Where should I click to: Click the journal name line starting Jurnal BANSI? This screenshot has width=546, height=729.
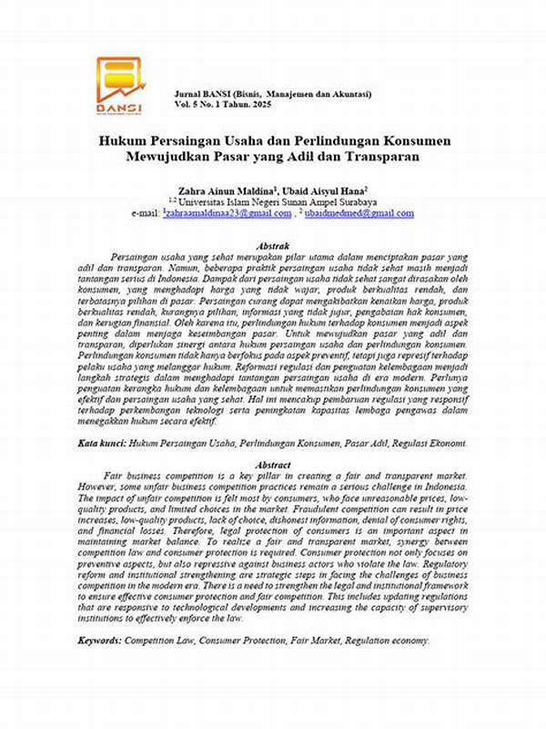pyautogui.click(x=272, y=95)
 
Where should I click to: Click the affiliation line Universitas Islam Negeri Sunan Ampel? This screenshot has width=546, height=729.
pyautogui.click(x=277, y=201)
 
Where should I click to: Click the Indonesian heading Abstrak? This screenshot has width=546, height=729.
pyautogui.click(x=274, y=247)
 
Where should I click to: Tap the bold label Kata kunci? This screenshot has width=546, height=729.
pyautogui.click(x=100, y=442)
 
